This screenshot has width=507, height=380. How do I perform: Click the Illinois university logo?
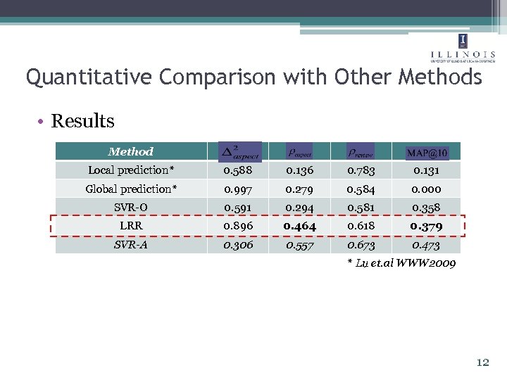coord(462,48)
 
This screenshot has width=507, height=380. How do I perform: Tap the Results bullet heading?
coord(82,121)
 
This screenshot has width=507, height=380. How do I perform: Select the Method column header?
coord(130,151)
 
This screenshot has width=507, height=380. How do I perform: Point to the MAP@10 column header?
coord(427,152)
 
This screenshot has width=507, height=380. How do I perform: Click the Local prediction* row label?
coord(130,170)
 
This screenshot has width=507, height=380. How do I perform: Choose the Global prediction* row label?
coord(131,189)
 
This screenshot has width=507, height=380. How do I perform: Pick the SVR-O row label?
coord(131,207)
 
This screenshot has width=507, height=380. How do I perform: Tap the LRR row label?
coord(131,225)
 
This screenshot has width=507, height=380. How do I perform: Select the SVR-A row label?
coord(131,244)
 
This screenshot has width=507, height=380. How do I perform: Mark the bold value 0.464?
coord(299,226)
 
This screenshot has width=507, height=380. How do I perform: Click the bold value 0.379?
coord(427,226)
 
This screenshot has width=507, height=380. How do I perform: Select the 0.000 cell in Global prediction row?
coord(427,189)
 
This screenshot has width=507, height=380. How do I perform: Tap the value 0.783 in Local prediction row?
coord(361,170)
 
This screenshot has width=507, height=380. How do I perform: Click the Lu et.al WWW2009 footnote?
coord(401,263)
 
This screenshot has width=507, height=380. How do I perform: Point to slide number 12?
coord(482,363)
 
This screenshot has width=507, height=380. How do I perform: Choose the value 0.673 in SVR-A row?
coord(361,244)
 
